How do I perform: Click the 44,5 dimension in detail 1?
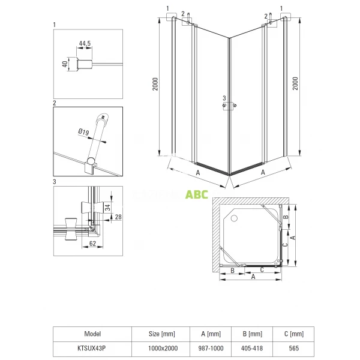pos(85,43)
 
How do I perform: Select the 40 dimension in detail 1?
pos(65,64)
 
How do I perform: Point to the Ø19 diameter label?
pos(83,132)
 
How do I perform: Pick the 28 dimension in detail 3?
pos(118,217)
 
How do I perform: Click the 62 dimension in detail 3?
pos(92,244)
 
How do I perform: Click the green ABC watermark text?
pos(197,194)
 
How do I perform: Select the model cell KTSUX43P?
pos(92,348)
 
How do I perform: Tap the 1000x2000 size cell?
pos(163,348)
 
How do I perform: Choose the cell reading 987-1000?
pos(211,348)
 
